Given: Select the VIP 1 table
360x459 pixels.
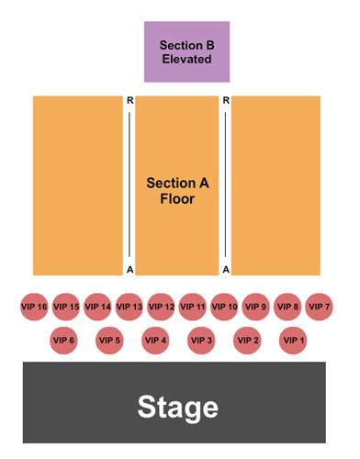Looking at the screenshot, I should coord(294,341).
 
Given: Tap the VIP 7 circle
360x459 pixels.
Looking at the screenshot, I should coord(320,307).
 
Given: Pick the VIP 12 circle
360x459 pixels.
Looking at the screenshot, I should coord(162,307).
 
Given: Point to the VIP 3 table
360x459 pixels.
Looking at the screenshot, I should coord(201,341).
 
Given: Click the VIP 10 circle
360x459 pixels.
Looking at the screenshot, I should coord(225,307).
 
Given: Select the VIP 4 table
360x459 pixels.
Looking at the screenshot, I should coord(155,341).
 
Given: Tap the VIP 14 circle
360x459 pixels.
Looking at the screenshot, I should coord(98,307).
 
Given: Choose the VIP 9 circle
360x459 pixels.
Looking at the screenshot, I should coord(256,307).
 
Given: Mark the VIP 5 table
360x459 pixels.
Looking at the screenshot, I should coord(109,341).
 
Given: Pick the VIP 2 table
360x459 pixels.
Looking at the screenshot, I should coord(248,341).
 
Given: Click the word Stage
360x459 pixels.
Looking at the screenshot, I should coord(178,407).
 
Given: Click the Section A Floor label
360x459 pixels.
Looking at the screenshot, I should coord(178,190).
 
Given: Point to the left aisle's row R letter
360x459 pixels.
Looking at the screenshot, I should coord(130,99).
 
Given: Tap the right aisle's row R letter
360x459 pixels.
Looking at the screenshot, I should coord(226,99).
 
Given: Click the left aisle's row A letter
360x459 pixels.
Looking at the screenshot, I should coord(130,269).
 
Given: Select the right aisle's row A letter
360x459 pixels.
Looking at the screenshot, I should coord(226,269).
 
